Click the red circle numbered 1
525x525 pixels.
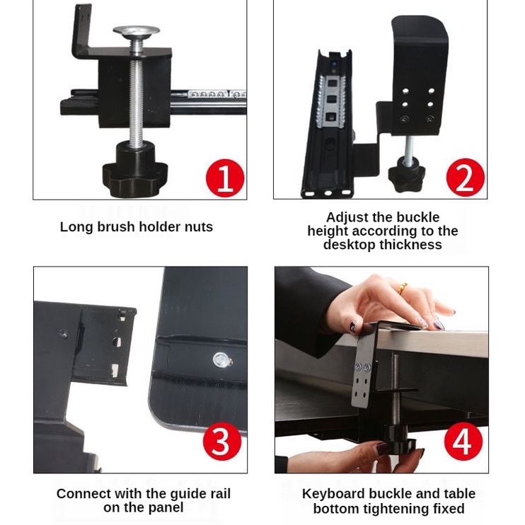click(x=225, y=178)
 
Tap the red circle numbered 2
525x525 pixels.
click(x=466, y=178)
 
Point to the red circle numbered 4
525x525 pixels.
click(x=463, y=442)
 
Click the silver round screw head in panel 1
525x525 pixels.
click(x=137, y=31)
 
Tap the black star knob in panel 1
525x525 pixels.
click(x=134, y=175)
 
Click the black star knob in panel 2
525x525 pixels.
click(x=406, y=173)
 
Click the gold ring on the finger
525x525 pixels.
click(x=402, y=288)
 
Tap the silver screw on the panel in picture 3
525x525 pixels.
click(x=220, y=360)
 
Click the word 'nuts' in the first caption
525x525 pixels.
click(x=199, y=227)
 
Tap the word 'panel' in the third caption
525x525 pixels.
click(x=167, y=508)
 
